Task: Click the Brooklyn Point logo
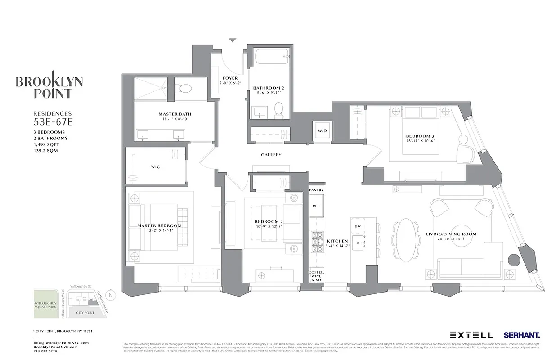pyautogui.click(x=49, y=85)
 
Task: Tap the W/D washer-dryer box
pyautogui.click(x=322, y=131)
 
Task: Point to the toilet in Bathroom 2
pyautogui.click(x=278, y=108)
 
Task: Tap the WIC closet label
pyautogui.click(x=155, y=167)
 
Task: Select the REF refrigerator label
pyautogui.click(x=316, y=205)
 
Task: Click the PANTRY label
pyautogui.click(x=316, y=190)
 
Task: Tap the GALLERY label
pyautogui.click(x=271, y=155)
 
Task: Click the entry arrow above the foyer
pyautogui.click(x=232, y=40)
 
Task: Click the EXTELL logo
pyautogui.click(x=471, y=335)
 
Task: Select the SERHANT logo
pyautogui.click(x=522, y=335)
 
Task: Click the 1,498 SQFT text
pyautogui.click(x=46, y=144)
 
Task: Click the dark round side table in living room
pyautogui.click(x=513, y=260)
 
